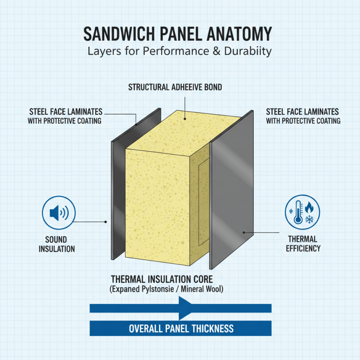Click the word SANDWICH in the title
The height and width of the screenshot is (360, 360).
click(119, 34)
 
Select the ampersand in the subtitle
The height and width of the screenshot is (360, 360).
click(216, 51)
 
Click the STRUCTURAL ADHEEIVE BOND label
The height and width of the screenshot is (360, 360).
click(175, 87)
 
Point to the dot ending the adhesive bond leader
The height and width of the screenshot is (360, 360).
click(184, 119)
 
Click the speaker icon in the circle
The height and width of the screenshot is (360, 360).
click(59, 212)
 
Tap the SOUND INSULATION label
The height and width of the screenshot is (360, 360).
click(57, 244)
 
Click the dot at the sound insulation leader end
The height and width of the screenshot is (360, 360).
click(105, 222)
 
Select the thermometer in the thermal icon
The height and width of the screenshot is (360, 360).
click(298, 212)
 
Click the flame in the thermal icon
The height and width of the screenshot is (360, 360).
click(309, 207)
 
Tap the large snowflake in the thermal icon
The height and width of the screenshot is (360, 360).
click(309, 219)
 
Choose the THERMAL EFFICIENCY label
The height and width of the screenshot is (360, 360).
click(303, 243)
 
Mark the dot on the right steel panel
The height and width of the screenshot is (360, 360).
click(244, 233)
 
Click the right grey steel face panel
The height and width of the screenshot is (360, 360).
click(232, 189)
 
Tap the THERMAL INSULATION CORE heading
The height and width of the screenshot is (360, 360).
click(162, 279)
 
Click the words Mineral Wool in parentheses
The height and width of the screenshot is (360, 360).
click(202, 289)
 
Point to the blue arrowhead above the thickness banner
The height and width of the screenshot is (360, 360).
click(185, 308)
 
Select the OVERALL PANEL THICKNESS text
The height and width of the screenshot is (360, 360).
click(181, 328)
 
